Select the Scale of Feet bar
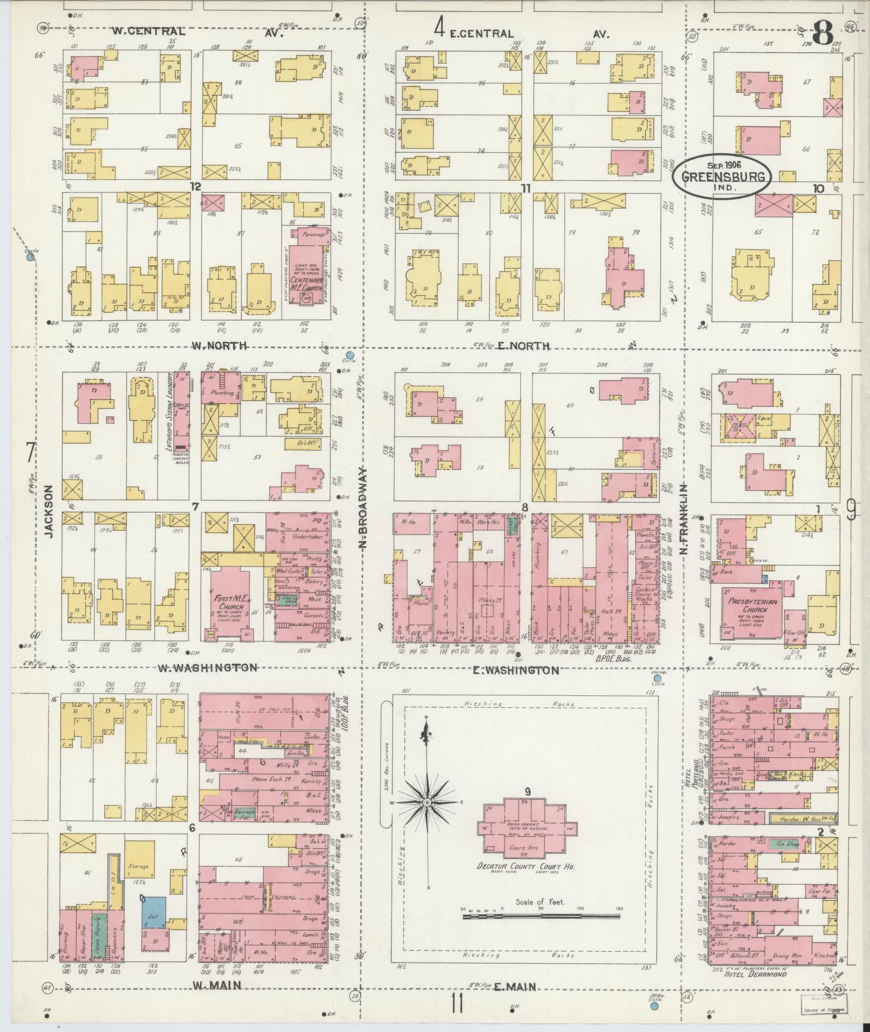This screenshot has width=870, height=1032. [541, 915]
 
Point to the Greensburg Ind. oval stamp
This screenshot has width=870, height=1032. [721, 176]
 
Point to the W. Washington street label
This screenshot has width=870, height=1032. [207, 668]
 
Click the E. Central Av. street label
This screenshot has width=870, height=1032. [480, 33]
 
